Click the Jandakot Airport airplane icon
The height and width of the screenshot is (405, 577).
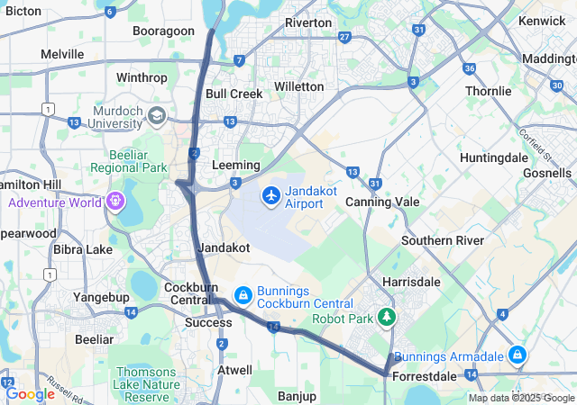click(x=271, y=195)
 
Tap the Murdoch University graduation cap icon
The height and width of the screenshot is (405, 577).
click(x=157, y=116)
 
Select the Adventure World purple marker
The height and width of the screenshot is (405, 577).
click(x=114, y=200)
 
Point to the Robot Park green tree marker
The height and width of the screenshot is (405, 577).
click(x=387, y=317)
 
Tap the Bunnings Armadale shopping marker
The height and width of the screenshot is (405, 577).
click(x=517, y=355)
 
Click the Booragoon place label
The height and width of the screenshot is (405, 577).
click(x=163, y=31)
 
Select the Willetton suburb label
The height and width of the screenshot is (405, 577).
click(x=298, y=86)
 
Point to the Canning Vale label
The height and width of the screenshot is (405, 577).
click(x=382, y=202)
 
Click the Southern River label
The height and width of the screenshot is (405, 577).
click(x=442, y=240)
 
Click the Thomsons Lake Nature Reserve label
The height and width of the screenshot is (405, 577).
click(x=159, y=384)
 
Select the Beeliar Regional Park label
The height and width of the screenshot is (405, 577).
click(x=129, y=161)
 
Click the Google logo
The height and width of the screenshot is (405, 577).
click(x=30, y=393)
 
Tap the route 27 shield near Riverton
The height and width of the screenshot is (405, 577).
click(x=345, y=37)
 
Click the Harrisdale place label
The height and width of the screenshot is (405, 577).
click(x=411, y=282)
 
